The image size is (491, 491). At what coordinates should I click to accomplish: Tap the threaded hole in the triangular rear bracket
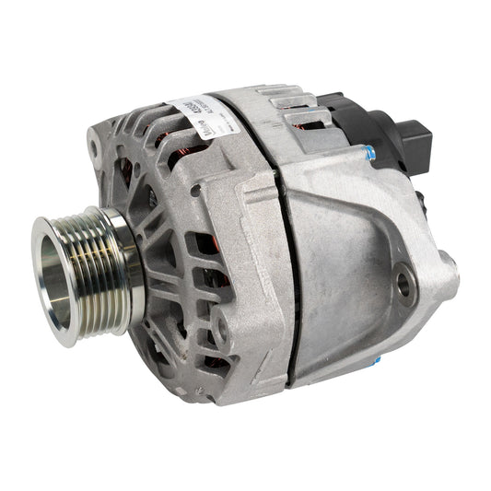[403, 284]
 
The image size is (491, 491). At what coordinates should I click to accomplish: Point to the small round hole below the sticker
[195, 190]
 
